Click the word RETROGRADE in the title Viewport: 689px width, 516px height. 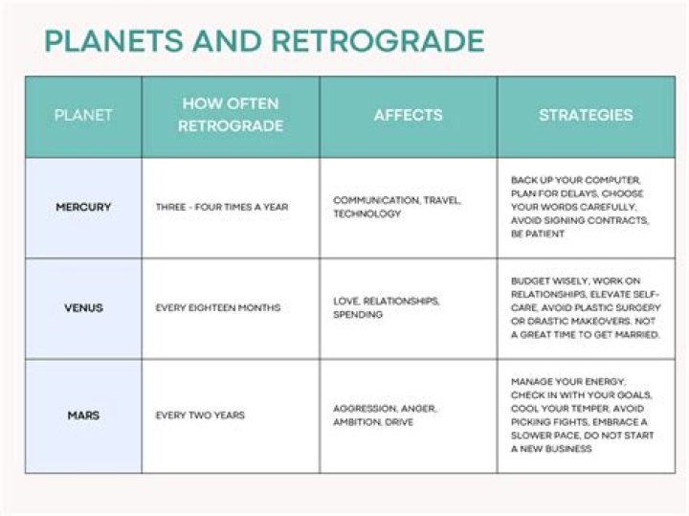pyautogui.click(x=378, y=41)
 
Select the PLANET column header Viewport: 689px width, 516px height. pyautogui.click(x=83, y=116)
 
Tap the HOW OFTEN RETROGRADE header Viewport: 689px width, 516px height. pyautogui.click(x=232, y=116)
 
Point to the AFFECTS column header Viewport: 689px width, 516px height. pyautogui.click(x=409, y=115)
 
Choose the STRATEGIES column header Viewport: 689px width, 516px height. pyautogui.click(x=586, y=115)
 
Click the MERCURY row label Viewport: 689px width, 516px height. pyautogui.click(x=83, y=207)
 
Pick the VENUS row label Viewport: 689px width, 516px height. pyautogui.click(x=83, y=308)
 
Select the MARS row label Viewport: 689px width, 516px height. pyautogui.click(x=83, y=415)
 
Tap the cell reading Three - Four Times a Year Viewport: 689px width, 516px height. pyautogui.click(x=221, y=207)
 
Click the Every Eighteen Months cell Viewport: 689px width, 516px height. pyautogui.click(x=218, y=308)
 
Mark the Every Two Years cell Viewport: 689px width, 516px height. pyautogui.click(x=200, y=415)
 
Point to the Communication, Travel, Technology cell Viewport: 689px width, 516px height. pyautogui.click(x=397, y=207)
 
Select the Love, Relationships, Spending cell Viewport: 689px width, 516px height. pyautogui.click(x=387, y=307)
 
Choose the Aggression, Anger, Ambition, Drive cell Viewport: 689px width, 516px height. pyautogui.click(x=385, y=415)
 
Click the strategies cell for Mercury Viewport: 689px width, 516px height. pyautogui.click(x=580, y=207)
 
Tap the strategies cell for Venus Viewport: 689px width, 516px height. pyautogui.click(x=585, y=308)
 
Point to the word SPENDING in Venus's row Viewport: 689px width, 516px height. pyautogui.click(x=358, y=315)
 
